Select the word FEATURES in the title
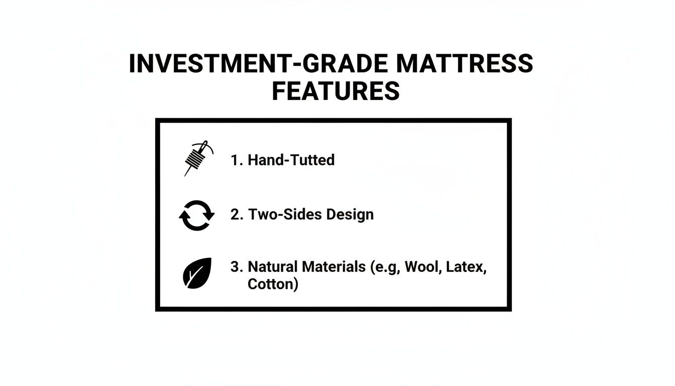click(x=335, y=91)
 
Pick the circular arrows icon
click(x=197, y=215)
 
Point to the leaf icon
click(x=197, y=273)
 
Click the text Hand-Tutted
click(x=291, y=160)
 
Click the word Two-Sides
click(x=285, y=215)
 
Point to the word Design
click(x=350, y=215)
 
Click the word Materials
click(x=334, y=267)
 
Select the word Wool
click(x=421, y=267)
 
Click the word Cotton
click(x=271, y=284)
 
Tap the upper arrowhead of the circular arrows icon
click(x=209, y=215)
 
